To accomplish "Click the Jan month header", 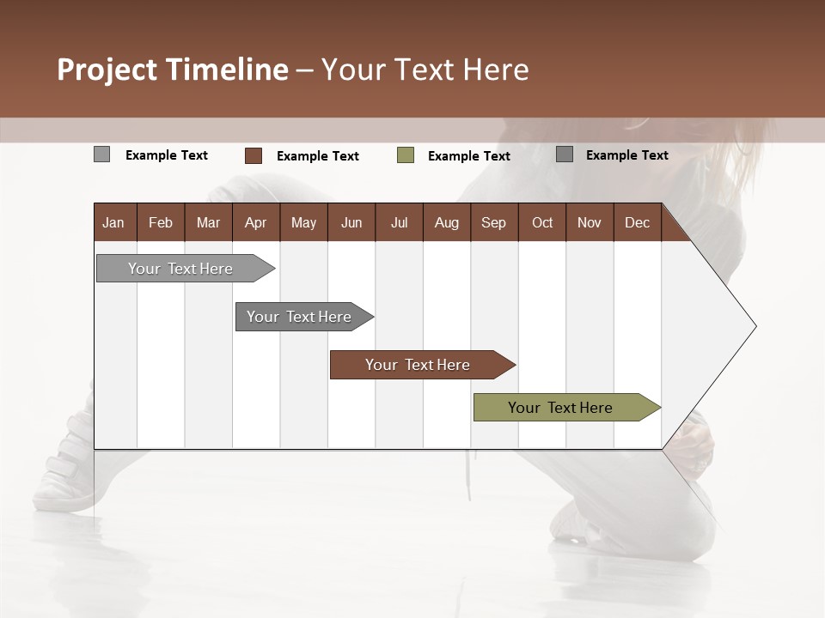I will [113, 222].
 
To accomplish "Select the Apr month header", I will [255, 222].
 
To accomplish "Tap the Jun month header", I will [351, 222].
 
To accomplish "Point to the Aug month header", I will [446, 222].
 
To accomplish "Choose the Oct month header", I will [541, 222].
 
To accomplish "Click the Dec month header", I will [637, 222].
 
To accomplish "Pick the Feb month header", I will [161, 222].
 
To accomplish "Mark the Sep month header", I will [493, 222].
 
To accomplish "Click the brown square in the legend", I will [254, 155].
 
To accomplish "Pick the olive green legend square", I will [406, 155].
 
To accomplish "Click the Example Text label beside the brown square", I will [317, 156].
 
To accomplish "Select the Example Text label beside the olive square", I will [468, 156].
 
